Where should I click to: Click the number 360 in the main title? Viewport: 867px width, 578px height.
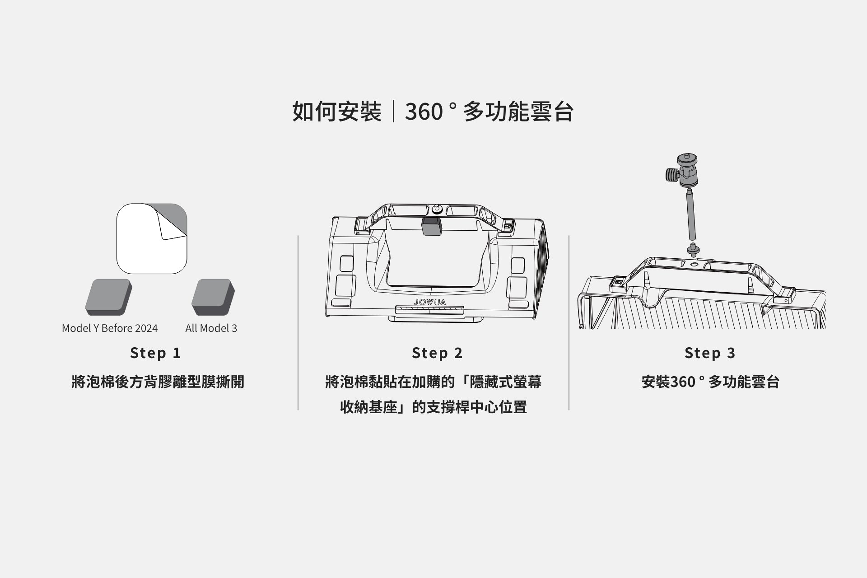click(424, 112)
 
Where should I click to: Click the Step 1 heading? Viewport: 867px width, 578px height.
click(155, 353)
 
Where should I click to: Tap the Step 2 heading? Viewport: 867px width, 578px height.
click(437, 353)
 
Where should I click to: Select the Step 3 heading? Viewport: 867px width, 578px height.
click(710, 353)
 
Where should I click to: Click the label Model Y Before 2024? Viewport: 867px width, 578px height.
click(110, 328)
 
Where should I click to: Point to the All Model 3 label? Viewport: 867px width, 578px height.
click(211, 328)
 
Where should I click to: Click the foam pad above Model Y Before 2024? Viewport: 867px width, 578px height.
click(108, 297)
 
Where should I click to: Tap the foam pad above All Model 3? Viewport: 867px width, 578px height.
click(213, 297)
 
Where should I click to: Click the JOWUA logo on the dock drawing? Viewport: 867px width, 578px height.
click(429, 302)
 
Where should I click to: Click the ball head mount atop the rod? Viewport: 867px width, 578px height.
click(687, 170)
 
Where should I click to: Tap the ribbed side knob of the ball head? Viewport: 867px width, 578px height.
click(672, 174)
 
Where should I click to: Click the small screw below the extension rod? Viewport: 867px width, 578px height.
click(691, 249)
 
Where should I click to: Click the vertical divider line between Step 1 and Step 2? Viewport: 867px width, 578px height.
click(298, 322)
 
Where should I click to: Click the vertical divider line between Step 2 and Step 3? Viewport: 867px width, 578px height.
click(569, 322)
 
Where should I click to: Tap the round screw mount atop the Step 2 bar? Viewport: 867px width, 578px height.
click(437, 210)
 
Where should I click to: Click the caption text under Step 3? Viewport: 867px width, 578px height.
click(710, 382)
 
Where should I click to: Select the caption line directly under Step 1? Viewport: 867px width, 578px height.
click(158, 382)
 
